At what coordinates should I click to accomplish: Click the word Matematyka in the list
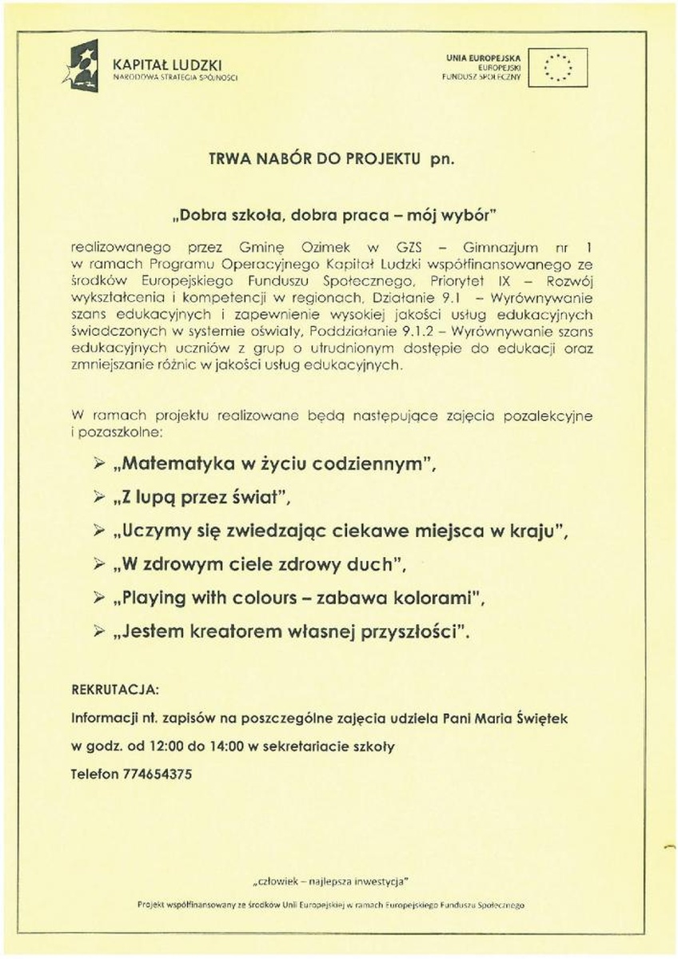tap(175, 464)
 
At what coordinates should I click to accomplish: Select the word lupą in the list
tap(159, 497)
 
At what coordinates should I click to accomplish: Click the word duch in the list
tap(374, 564)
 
